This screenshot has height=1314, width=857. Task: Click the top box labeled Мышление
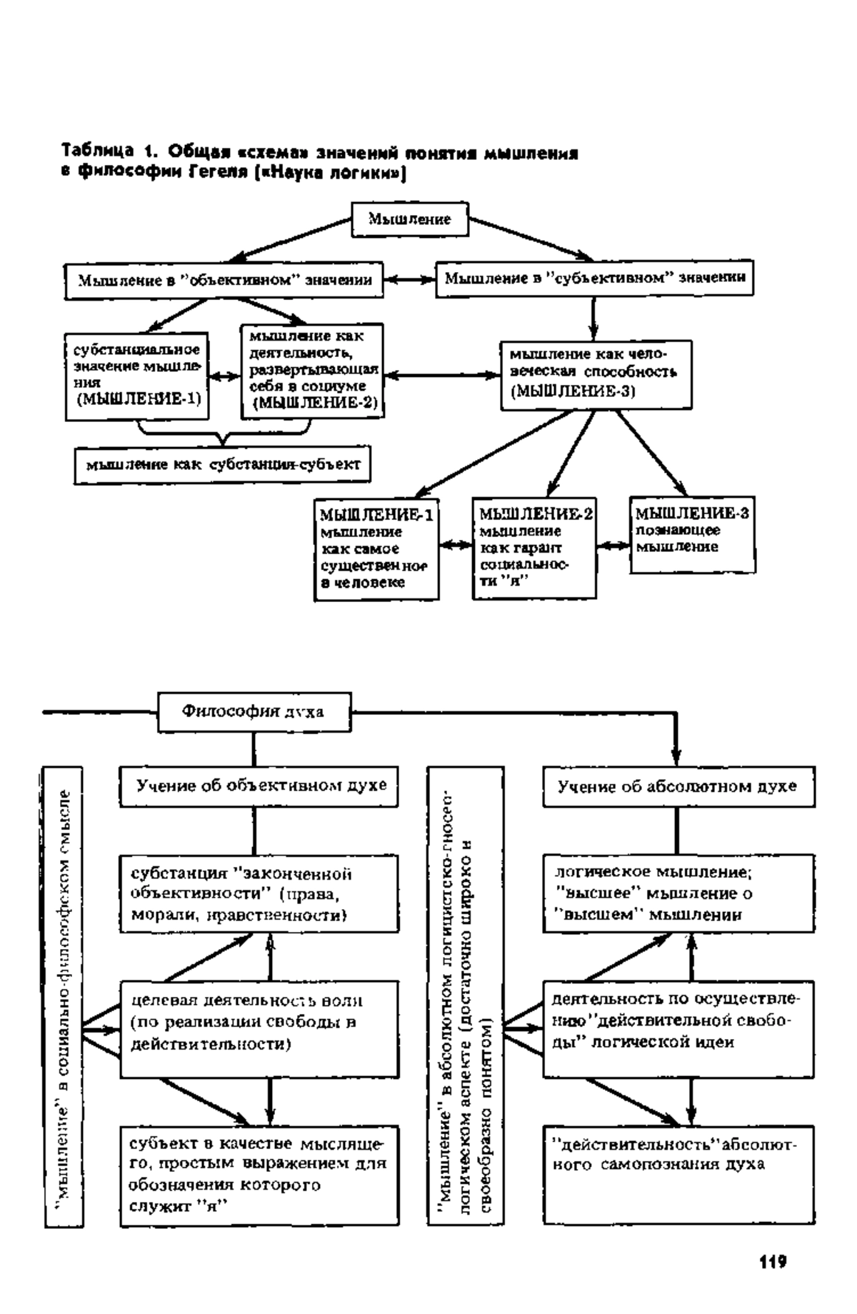pos(410,219)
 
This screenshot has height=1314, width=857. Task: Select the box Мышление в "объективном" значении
pos(224,280)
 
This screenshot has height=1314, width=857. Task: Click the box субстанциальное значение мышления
pos(136,376)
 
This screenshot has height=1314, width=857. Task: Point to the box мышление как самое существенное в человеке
pos(377,550)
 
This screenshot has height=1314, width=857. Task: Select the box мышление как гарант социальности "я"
pos(534,548)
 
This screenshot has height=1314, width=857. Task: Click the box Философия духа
pos(254,712)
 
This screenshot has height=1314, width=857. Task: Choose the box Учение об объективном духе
pos(259,787)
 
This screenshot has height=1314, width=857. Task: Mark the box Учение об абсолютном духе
pos(678,787)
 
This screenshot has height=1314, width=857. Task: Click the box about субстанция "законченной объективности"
pos(259,895)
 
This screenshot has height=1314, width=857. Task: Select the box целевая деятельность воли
pos(259,1029)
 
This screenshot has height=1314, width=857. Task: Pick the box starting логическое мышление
pos(678,894)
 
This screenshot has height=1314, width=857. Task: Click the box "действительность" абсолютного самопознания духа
pos(678,1175)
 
